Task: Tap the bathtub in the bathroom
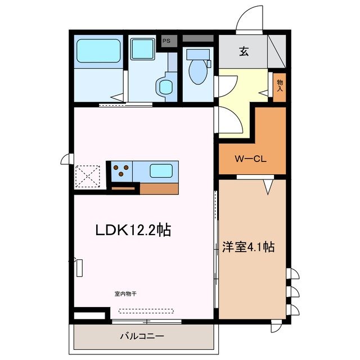99,50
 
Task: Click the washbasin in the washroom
165,86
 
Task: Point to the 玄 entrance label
244,52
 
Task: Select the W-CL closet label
251,158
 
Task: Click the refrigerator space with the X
87,175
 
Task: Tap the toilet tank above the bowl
197,55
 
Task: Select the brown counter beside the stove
159,188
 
